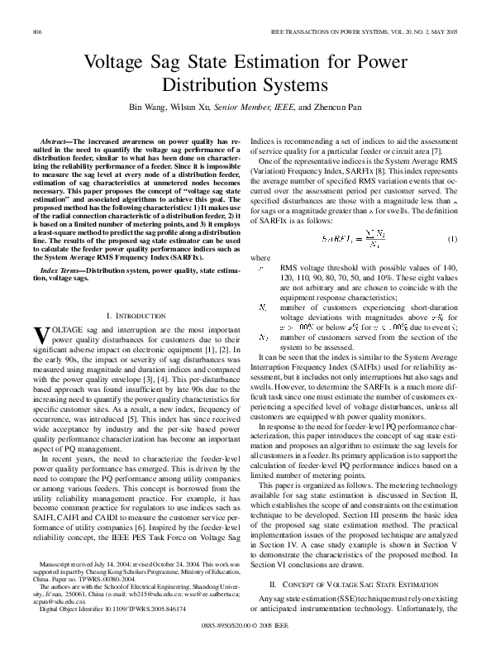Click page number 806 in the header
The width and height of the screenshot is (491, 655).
click(37, 31)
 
